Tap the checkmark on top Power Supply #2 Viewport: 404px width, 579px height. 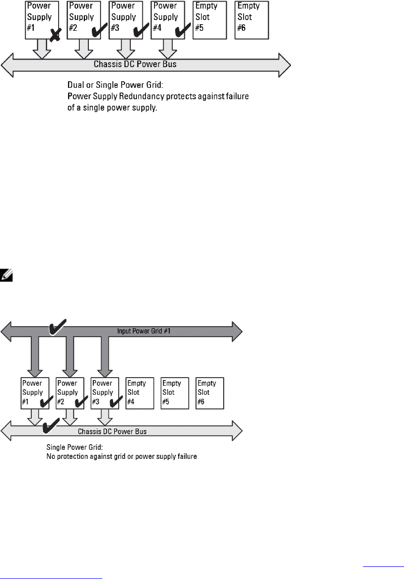tap(99, 30)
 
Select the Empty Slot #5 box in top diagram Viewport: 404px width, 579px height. tap(210, 20)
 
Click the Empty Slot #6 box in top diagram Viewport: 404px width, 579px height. tap(252, 20)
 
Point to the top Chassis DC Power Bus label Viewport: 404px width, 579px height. tap(135, 64)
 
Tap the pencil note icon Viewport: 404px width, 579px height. tap(6, 276)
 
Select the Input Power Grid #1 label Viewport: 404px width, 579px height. tap(143, 331)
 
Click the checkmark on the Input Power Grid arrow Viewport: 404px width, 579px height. tap(58, 327)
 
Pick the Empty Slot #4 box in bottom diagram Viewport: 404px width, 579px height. tap(139, 393)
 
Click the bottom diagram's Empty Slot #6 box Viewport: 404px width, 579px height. tap(210, 393)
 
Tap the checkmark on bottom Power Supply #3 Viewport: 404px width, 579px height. tap(116, 401)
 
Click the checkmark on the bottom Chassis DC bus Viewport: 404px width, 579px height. tap(51, 426)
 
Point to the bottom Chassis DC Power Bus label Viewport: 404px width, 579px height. tap(112, 431)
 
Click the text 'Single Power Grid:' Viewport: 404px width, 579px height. tap(75, 447)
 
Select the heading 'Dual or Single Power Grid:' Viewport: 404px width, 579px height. tap(115, 85)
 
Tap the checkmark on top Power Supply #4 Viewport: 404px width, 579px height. tap(183, 30)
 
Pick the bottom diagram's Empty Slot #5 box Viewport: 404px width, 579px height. tap(175, 393)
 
